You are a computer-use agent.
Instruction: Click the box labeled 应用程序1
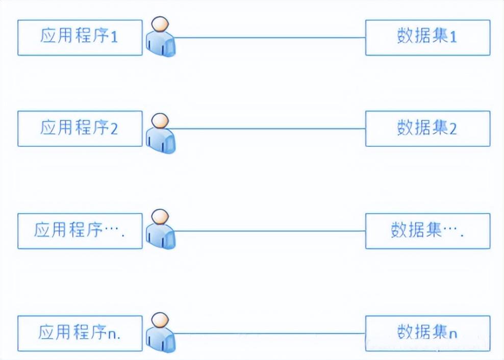[80, 37]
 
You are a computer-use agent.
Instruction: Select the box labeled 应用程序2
[80, 128]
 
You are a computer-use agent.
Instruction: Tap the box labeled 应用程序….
[80, 231]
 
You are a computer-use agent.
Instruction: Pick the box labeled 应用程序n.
[80, 333]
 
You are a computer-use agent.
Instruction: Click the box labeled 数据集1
[427, 37]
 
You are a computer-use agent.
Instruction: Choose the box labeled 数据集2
[427, 128]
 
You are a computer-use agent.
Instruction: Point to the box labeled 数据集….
[427, 231]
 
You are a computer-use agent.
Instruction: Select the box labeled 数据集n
[427, 333]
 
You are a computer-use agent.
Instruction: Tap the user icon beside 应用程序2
[161, 134]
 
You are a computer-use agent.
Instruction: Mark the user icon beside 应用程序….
[161, 231]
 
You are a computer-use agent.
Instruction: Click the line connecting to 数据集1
[270, 37]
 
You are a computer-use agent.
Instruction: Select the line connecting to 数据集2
[270, 128]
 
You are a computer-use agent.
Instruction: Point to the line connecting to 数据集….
[270, 231]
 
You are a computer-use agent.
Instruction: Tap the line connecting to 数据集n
[270, 333]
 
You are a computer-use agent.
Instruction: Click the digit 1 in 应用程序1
[114, 37]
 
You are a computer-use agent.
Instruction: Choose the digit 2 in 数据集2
[452, 128]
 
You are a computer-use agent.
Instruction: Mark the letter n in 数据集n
[452, 334]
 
